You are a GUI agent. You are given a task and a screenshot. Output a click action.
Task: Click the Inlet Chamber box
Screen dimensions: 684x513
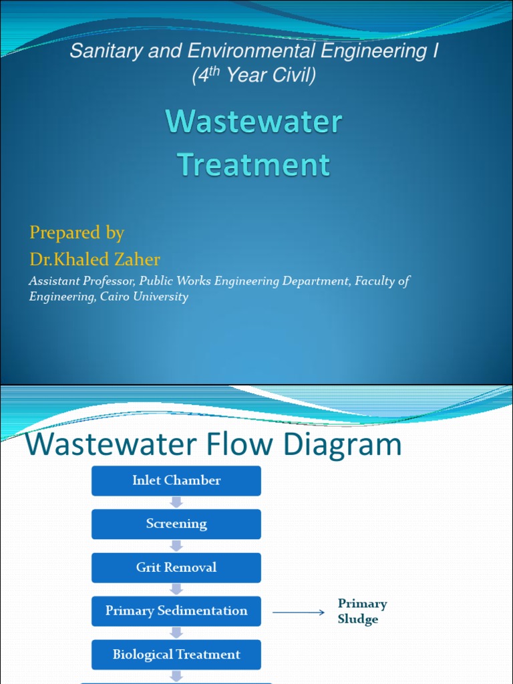(176, 480)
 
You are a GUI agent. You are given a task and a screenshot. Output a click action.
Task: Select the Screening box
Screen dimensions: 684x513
(176, 524)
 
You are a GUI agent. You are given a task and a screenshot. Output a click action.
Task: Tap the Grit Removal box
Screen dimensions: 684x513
(176, 567)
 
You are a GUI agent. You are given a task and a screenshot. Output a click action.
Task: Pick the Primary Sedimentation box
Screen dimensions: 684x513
(176, 611)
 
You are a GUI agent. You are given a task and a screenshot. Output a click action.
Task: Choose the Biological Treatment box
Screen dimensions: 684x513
(176, 654)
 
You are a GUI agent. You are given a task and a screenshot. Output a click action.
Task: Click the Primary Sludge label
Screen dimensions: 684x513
(362, 611)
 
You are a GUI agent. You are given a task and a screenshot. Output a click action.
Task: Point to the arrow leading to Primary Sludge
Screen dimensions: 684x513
(299, 611)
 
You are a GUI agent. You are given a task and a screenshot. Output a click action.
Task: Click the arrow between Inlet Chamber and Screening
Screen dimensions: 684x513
(176, 502)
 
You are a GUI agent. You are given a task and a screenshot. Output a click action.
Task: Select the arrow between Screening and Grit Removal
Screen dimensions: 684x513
(176, 546)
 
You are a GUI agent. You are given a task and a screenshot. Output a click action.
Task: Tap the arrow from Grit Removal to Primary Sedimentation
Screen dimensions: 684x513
(176, 589)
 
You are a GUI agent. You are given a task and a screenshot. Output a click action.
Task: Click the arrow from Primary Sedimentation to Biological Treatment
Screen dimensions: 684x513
(176, 633)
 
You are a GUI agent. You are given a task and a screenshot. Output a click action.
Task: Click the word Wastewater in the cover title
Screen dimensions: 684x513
(254, 122)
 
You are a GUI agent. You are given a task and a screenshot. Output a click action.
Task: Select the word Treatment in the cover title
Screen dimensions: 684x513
(254, 164)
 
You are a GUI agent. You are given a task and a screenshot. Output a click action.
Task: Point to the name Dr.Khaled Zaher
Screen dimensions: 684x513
(94, 259)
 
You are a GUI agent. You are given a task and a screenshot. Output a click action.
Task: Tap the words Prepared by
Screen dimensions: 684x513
(76, 232)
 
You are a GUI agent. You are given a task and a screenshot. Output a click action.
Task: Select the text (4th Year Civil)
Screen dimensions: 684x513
(254, 76)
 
